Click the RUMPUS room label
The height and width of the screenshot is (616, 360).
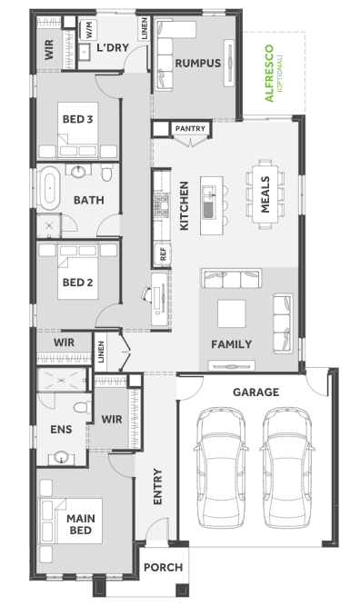[x=197, y=64]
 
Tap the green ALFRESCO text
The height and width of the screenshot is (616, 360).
[x=269, y=74]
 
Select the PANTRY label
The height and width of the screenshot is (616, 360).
[x=190, y=128]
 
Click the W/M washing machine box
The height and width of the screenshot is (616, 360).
[x=89, y=30]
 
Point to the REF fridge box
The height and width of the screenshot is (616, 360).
[x=163, y=253]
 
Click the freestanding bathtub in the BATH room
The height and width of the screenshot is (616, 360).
[x=49, y=188]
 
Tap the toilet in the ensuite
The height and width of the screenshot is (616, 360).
[x=82, y=407]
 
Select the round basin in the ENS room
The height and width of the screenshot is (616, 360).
[x=62, y=458]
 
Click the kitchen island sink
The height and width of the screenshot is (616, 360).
[x=209, y=203]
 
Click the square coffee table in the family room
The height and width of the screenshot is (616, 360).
[x=232, y=313]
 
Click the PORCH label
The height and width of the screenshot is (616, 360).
[x=163, y=567]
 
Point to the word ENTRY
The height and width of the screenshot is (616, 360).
[x=157, y=486]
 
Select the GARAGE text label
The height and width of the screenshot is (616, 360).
[x=255, y=392]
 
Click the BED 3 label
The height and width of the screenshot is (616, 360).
[x=77, y=119]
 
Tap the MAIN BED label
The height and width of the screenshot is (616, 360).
[x=81, y=524]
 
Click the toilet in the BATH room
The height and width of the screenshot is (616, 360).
[x=106, y=172]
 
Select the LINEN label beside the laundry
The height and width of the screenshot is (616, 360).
[x=145, y=28]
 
